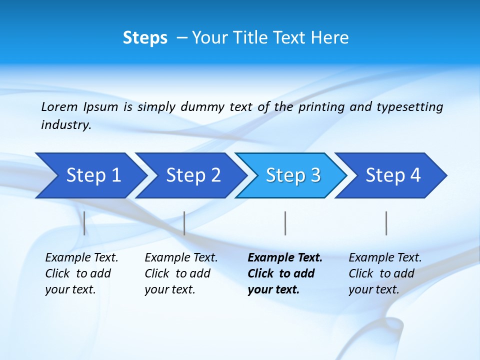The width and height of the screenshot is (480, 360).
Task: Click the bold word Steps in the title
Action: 145,38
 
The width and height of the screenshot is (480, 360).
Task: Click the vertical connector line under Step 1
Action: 84,223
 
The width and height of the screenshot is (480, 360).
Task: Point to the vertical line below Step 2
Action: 184,223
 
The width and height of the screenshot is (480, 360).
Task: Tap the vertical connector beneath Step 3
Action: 285,223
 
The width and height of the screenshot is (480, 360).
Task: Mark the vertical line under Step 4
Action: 386,223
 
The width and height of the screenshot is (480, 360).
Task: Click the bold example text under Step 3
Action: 285,273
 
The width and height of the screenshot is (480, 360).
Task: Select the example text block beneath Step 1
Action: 81,273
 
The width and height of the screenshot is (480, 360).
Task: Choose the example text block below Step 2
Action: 181,273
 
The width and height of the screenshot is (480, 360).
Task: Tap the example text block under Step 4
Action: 385,273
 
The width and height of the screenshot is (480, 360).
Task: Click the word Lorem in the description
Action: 59,107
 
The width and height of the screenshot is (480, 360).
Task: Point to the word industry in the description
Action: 65,125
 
